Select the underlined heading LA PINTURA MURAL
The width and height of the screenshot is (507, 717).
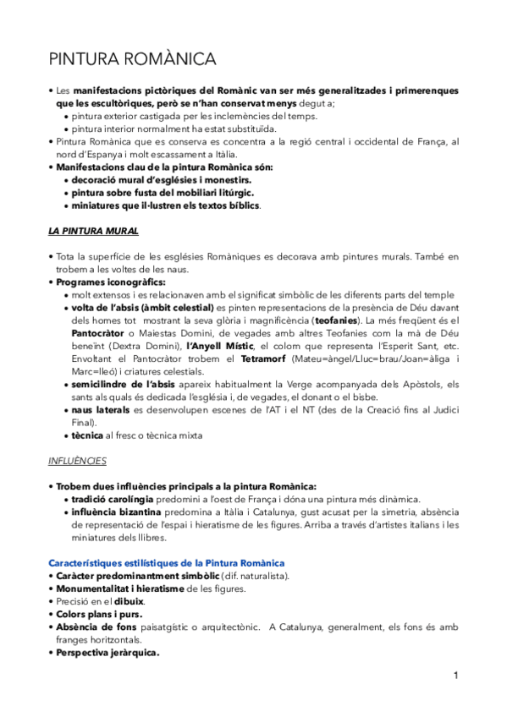tap(94, 230)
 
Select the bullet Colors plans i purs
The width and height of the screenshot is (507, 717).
tap(99, 614)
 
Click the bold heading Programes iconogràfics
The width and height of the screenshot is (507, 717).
tap(110, 282)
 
